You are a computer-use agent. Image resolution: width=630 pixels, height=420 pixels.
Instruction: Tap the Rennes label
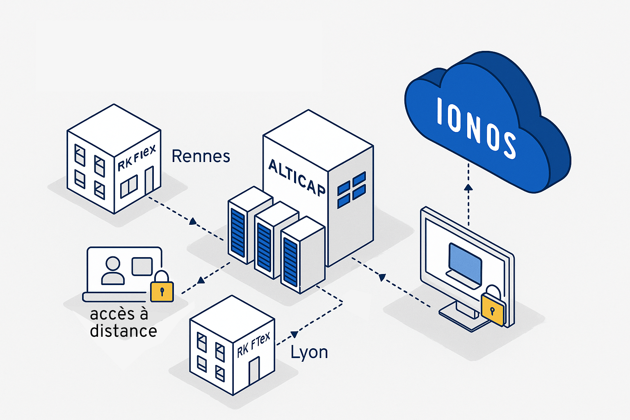pos(201,156)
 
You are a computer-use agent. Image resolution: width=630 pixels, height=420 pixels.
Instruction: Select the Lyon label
pos(309,352)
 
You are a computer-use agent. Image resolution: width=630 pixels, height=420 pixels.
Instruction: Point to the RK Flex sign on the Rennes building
pos(137,158)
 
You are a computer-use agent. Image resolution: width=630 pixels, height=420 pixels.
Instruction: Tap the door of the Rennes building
pos(149,180)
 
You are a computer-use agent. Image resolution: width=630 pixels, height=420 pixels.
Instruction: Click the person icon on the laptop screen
pos(113,271)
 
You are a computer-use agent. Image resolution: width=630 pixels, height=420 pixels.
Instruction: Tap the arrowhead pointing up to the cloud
pos(468,187)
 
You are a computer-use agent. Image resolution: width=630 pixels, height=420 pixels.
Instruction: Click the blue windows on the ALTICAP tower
pos(352,189)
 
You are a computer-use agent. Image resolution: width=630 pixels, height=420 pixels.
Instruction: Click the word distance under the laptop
pos(123,331)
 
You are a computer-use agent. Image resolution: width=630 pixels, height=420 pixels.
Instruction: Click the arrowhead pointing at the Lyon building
pos(294,334)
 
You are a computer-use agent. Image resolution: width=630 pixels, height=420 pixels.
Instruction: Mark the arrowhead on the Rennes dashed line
pos(193,221)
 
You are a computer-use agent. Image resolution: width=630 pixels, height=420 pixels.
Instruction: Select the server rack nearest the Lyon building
pos(302,255)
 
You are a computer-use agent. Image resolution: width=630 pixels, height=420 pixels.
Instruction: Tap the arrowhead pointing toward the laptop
pos(201,281)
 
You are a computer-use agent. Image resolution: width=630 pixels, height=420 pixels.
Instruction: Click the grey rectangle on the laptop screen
pos(142,266)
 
